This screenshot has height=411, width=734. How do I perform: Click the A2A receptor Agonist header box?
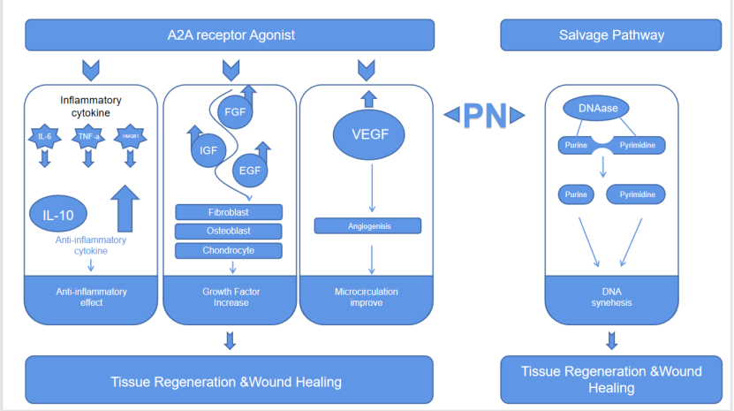pyautogui.click(x=231, y=35)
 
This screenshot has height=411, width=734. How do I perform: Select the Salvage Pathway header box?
pyautogui.click(x=611, y=35)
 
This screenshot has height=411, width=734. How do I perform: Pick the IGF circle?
pyautogui.click(x=208, y=150)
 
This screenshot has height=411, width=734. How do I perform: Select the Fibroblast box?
pyautogui.click(x=230, y=212)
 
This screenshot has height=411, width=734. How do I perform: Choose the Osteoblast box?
pyautogui.click(x=230, y=231)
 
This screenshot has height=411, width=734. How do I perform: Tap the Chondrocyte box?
pyautogui.click(x=230, y=250)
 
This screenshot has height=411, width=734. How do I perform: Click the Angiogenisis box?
pyautogui.click(x=368, y=226)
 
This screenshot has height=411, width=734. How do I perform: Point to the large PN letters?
pyautogui.click(x=483, y=113)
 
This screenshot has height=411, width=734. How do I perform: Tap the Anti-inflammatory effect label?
pyautogui.click(x=92, y=297)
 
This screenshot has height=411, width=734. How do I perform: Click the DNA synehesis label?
pyautogui.click(x=611, y=297)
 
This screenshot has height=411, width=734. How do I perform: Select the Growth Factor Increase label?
pyautogui.click(x=231, y=297)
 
